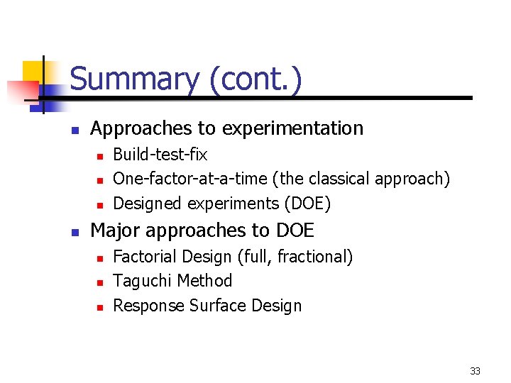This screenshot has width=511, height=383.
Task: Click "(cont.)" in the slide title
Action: pos(255,79)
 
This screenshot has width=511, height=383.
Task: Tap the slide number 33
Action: pos(475,371)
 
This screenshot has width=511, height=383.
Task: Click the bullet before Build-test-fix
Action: pos(100,155)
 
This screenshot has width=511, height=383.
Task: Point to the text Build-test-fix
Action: pos(160,155)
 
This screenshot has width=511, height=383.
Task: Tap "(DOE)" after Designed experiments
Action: pos(307,204)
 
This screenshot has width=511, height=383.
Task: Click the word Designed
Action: pos(148,204)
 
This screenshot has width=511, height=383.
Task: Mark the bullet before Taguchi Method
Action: pos(100,282)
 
